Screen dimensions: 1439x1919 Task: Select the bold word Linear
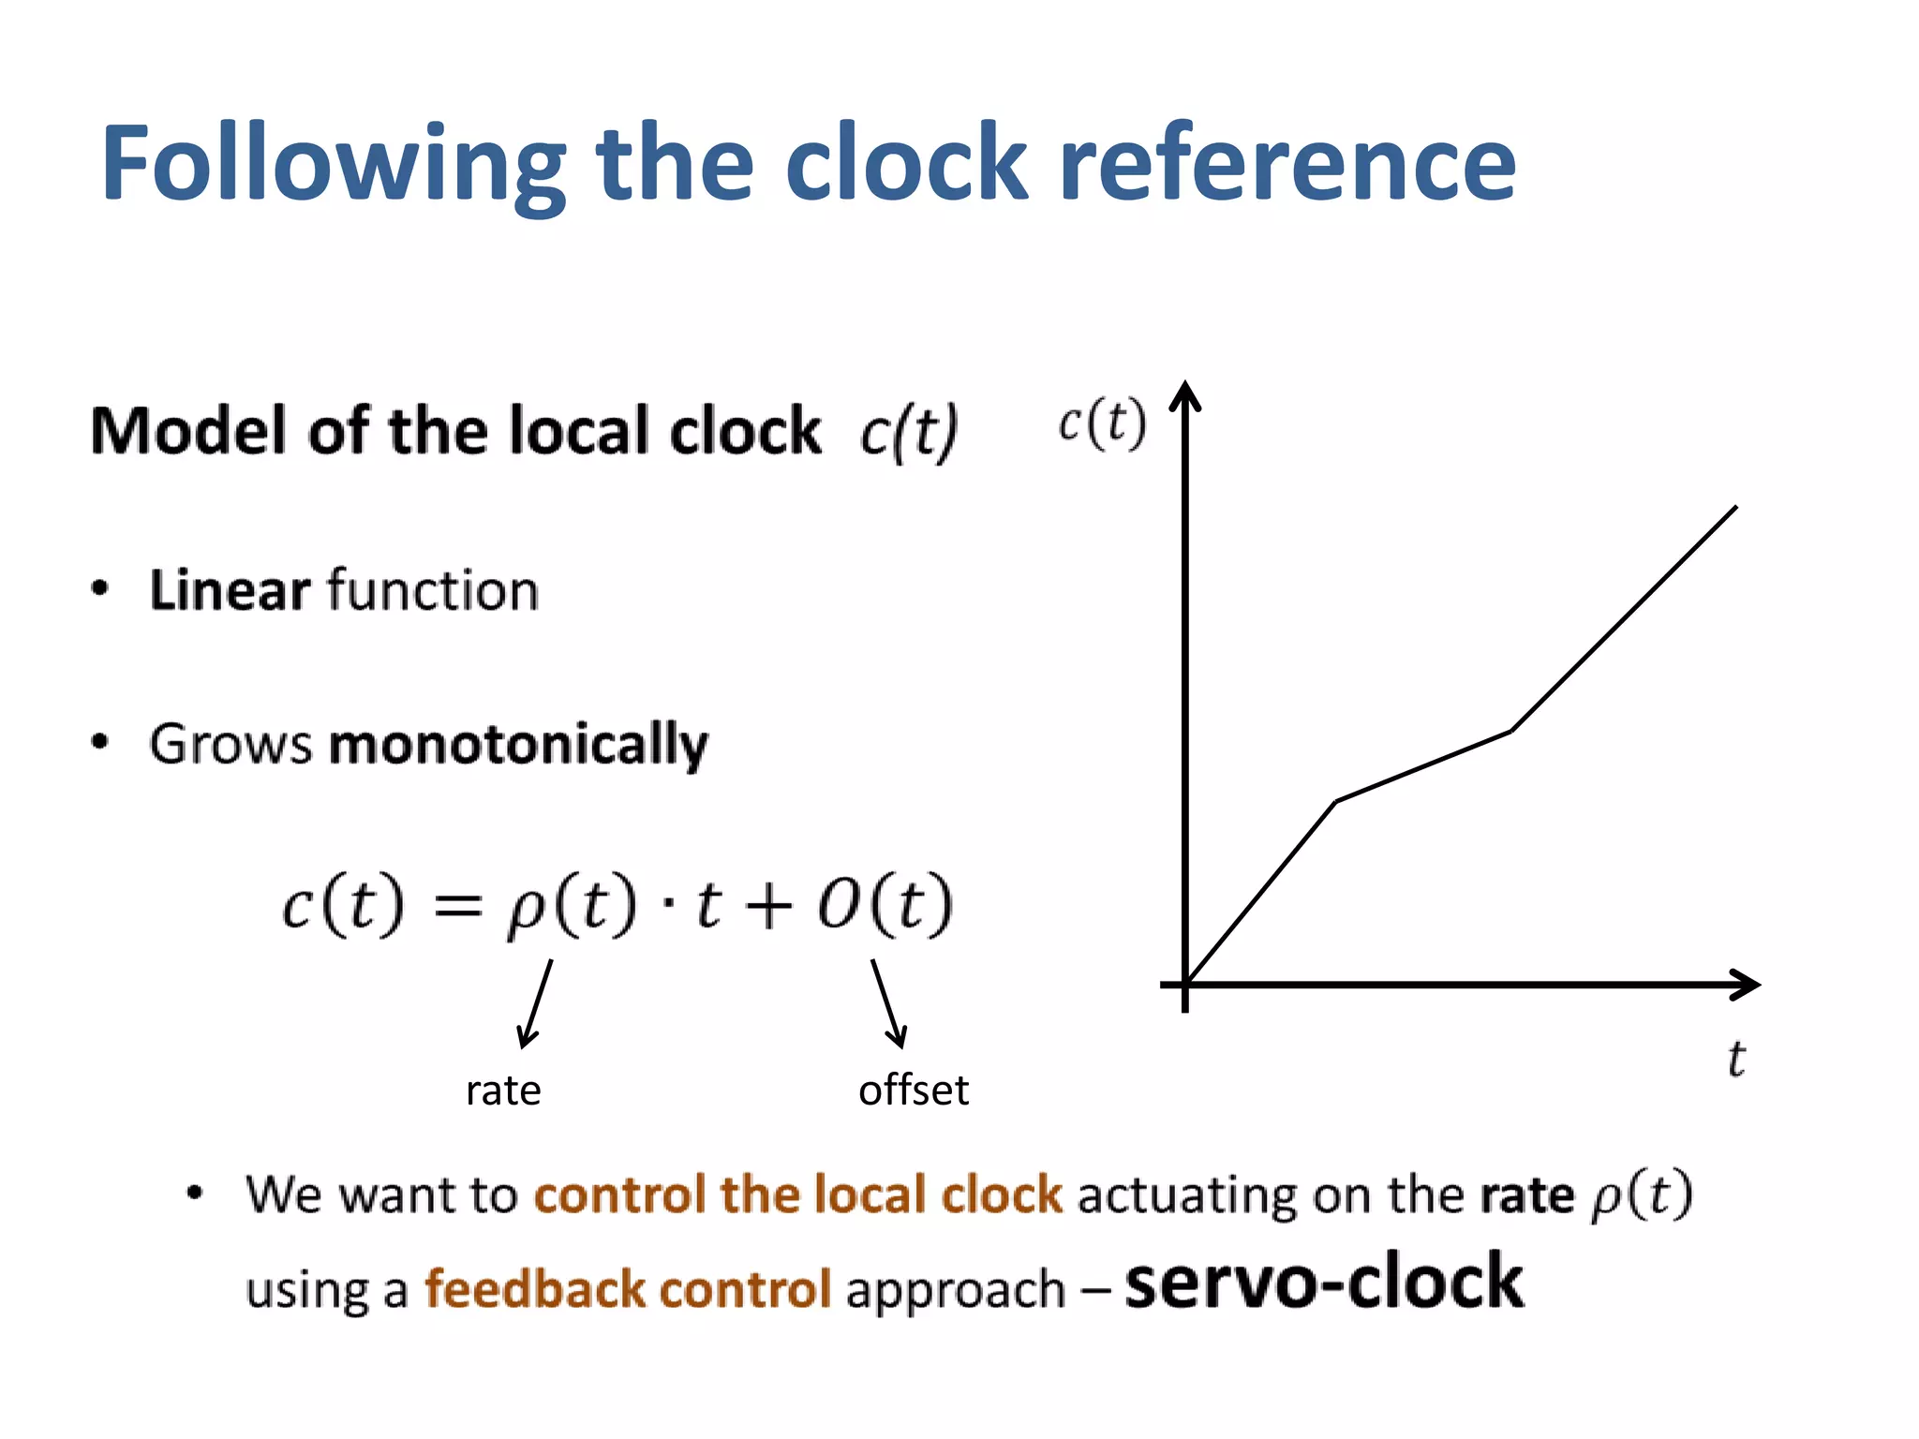coord(230,591)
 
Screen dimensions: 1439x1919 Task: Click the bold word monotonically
coord(518,746)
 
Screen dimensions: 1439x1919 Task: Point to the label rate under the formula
coord(503,1090)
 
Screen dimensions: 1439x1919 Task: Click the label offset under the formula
coord(914,1090)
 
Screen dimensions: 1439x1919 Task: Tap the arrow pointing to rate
coord(535,1003)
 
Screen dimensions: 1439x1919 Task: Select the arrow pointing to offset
coord(888,1003)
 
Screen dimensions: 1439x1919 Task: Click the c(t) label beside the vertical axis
coord(1102,423)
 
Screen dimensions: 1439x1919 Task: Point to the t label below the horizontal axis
coord(1735,1060)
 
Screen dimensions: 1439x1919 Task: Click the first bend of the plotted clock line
coord(1336,802)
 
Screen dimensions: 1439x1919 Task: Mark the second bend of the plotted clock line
coord(1511,731)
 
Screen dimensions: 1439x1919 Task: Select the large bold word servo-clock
coord(1324,1282)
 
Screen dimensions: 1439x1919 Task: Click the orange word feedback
coord(534,1289)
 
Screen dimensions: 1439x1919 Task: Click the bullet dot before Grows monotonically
coord(100,743)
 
